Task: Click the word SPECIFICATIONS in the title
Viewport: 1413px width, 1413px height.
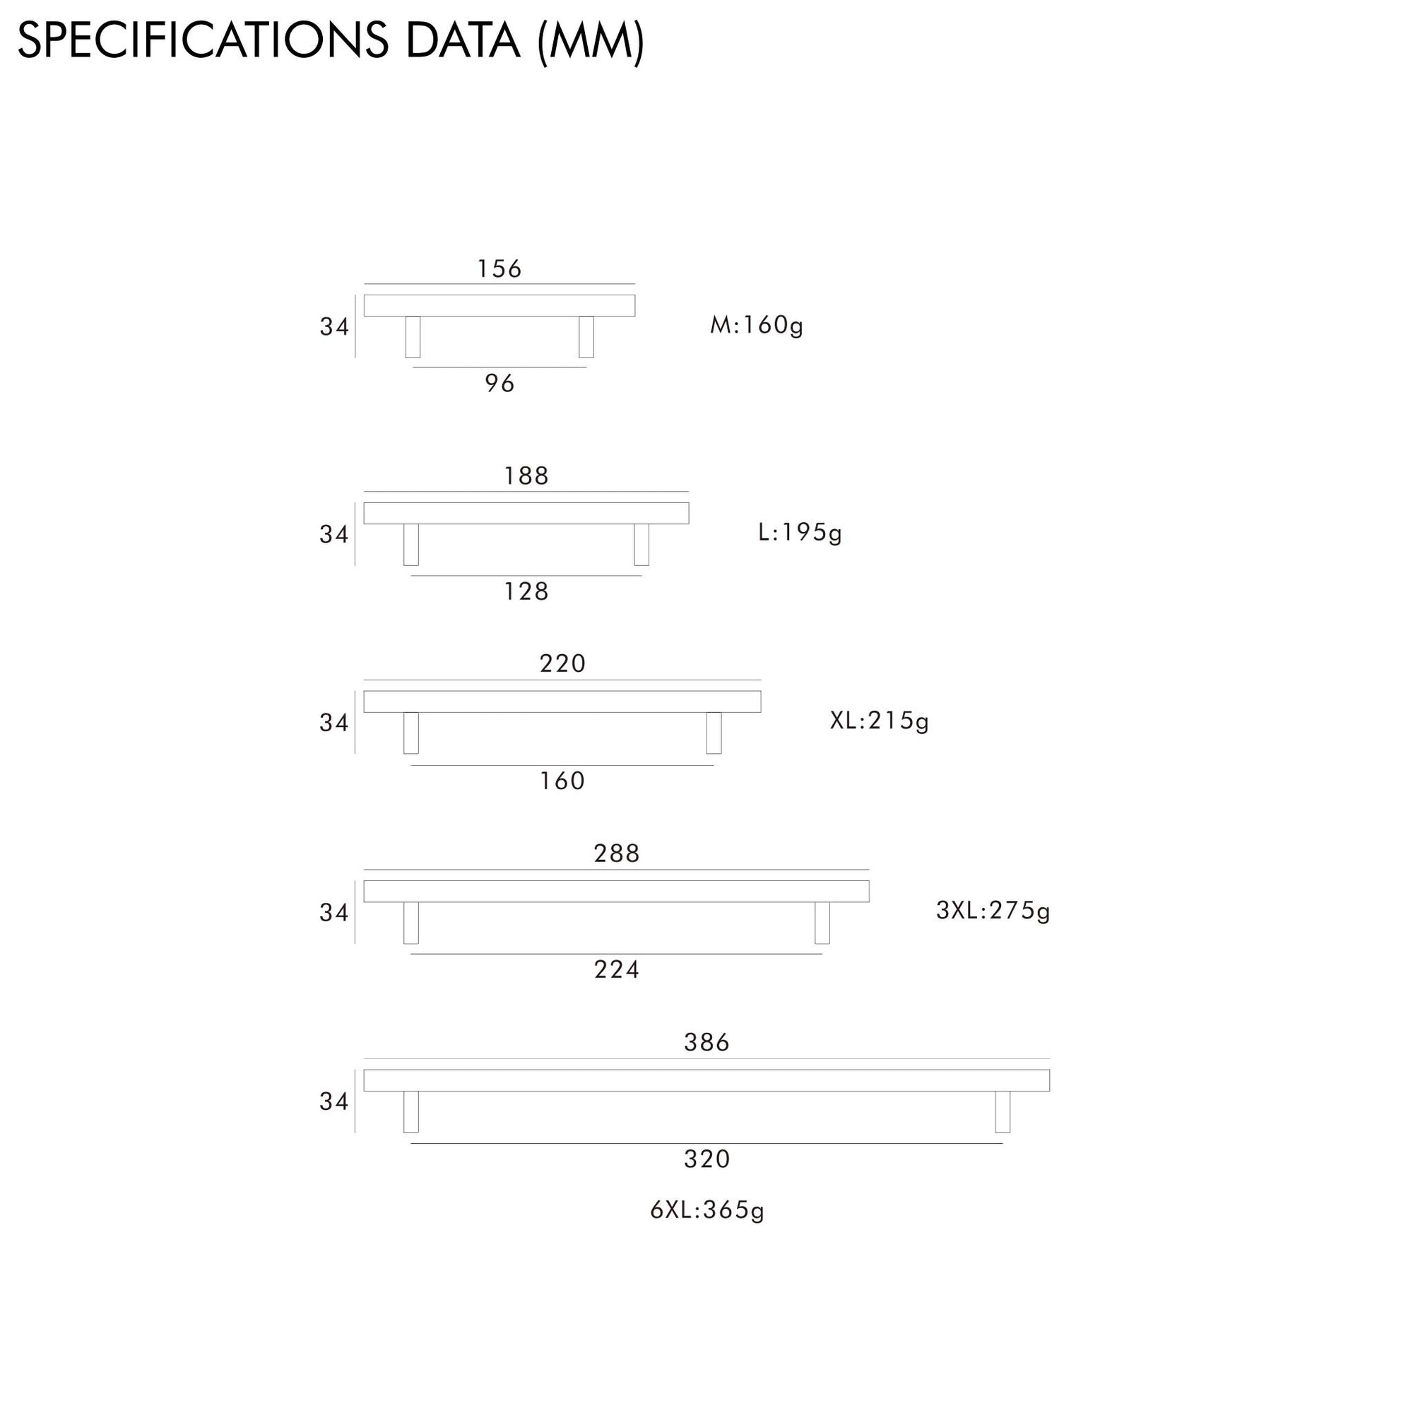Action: (x=203, y=41)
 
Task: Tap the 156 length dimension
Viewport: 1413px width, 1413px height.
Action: (x=499, y=269)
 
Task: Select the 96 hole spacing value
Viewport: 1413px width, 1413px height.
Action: (x=499, y=383)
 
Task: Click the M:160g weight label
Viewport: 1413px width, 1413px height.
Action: (x=756, y=326)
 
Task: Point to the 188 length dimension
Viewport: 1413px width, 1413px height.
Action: (x=526, y=476)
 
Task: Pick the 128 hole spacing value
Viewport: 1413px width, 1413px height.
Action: (x=526, y=591)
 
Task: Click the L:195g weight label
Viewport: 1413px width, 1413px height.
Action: (x=799, y=533)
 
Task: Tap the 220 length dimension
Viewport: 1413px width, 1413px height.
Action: (x=562, y=664)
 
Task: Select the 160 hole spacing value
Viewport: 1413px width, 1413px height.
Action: (x=562, y=781)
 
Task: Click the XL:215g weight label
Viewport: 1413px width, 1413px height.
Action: (x=879, y=721)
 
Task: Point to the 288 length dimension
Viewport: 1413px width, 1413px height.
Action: (x=617, y=853)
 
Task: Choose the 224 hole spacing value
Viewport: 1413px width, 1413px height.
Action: (x=617, y=970)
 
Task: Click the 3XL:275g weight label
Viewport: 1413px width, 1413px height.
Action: (x=993, y=911)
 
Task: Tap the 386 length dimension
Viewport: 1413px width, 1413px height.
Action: (x=706, y=1042)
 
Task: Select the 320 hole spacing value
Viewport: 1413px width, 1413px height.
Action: (x=706, y=1159)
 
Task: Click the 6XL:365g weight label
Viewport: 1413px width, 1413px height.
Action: (x=706, y=1210)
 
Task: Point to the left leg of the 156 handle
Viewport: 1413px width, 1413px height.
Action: (x=413, y=337)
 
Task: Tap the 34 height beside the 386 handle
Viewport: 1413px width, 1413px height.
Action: (x=333, y=1101)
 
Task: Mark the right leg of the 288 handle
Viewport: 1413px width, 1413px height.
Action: (x=822, y=923)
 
